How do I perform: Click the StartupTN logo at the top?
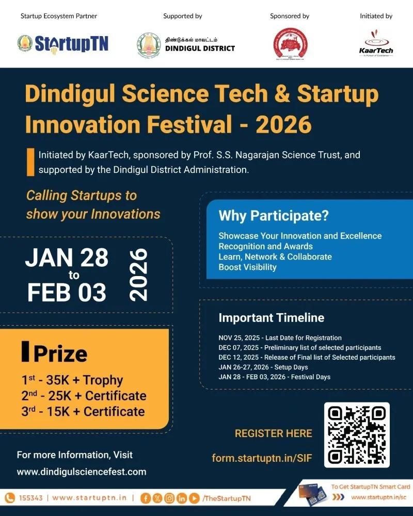point(63,43)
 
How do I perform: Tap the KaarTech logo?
point(376,42)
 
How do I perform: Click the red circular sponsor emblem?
point(289,44)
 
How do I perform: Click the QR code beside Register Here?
point(356,435)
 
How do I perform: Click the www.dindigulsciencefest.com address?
point(82,472)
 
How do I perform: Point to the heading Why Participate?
point(274,216)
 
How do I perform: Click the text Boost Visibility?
point(247,267)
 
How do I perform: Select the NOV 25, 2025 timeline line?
point(280,338)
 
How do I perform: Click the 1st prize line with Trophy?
point(72,380)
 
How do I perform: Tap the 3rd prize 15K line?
point(83,411)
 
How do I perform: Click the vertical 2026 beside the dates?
point(138,275)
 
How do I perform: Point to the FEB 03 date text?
point(67,293)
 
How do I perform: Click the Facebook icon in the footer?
point(146,498)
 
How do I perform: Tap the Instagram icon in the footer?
point(169,498)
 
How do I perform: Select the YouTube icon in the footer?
point(194,498)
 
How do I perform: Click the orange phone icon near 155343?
point(10,498)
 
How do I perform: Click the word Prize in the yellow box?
point(60,354)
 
